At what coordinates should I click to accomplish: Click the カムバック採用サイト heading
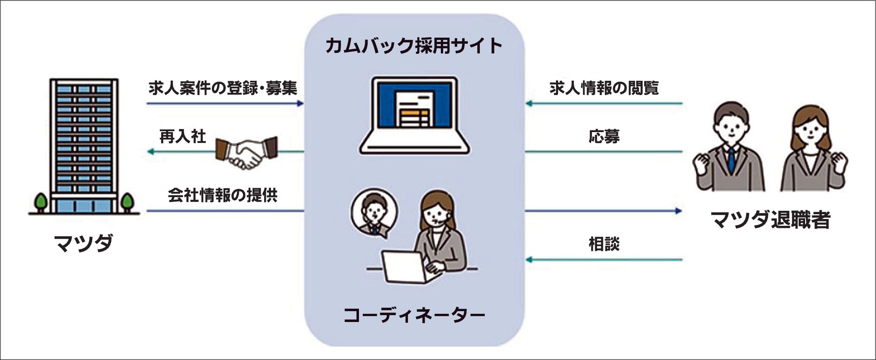414,47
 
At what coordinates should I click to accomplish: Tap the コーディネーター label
414,315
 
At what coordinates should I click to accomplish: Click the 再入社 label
182,137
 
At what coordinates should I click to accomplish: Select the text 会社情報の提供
223,195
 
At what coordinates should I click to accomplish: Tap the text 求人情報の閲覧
604,88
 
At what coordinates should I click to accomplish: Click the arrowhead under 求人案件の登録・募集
301,103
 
